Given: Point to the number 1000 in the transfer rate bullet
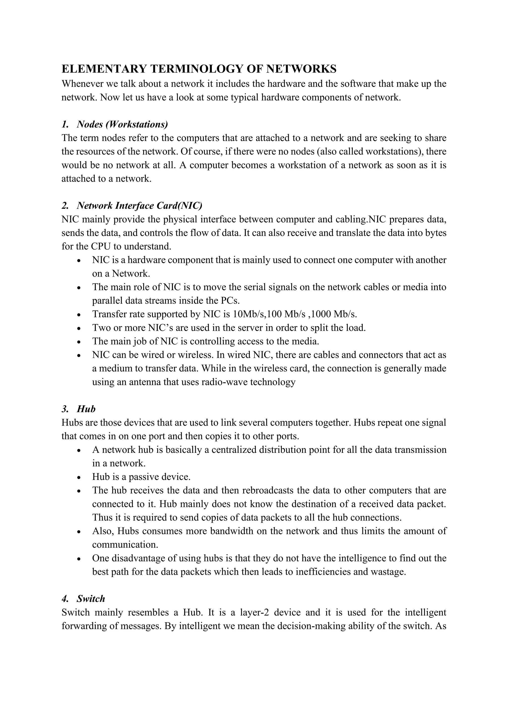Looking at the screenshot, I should pyautogui.click(x=319, y=314).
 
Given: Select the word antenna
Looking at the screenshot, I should pyautogui.click(x=143, y=382).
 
